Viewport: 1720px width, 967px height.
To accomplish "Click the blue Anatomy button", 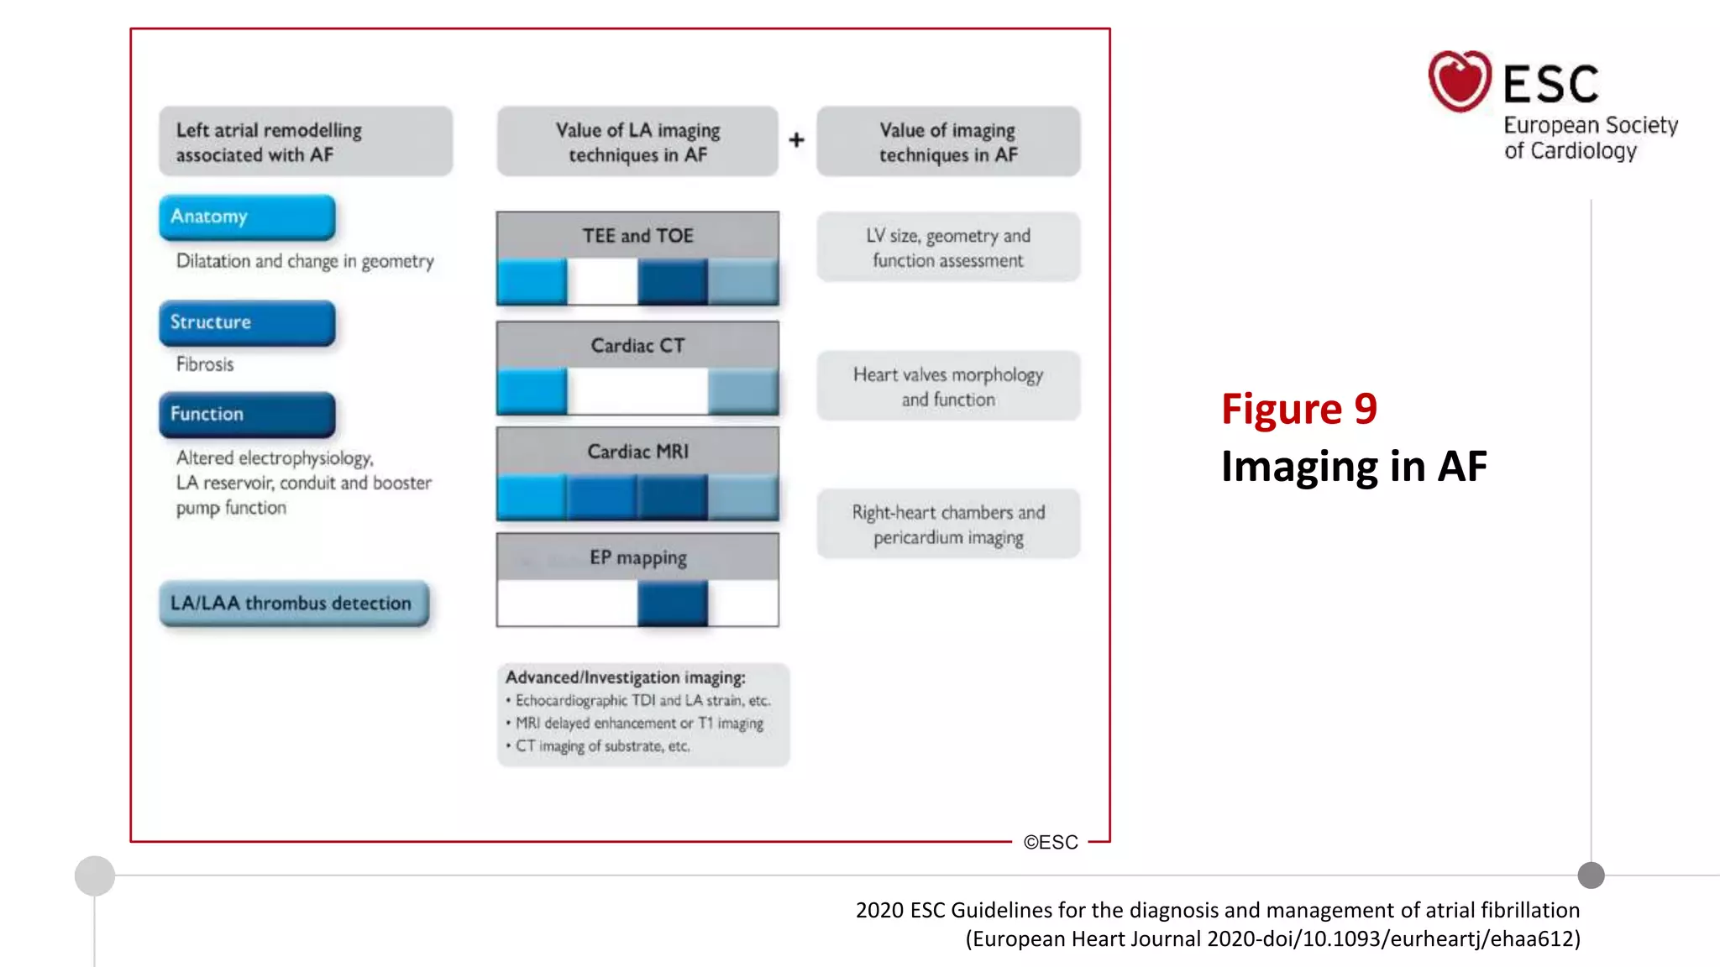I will pos(247,217).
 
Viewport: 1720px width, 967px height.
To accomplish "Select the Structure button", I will pos(247,322).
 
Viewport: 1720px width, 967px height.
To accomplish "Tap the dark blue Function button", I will pos(247,414).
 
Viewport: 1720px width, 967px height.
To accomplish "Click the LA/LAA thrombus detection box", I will pos(293,603).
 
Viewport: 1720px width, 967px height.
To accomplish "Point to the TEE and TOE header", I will pos(637,236).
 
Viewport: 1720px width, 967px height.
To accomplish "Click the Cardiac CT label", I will pos(637,345).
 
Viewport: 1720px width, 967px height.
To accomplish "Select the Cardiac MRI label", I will pos(637,452).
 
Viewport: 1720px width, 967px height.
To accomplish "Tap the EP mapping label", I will pos(637,557).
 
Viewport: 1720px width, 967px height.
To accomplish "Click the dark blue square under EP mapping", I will pos(672,604).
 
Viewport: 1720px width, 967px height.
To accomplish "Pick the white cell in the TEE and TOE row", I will pos(602,281).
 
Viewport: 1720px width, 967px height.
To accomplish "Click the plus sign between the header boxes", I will pos(796,140).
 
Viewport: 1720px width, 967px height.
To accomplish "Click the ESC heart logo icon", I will pos(1460,81).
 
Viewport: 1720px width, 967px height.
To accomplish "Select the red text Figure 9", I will pos(1298,409).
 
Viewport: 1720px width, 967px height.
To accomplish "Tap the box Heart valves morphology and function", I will pos(948,386).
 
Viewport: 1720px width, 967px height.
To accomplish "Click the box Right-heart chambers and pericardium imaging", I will pos(948,524).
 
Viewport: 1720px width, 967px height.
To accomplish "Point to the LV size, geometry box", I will pos(948,248).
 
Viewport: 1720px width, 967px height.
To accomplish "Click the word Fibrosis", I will pos(205,364).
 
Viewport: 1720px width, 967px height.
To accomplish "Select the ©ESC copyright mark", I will pos(1050,842).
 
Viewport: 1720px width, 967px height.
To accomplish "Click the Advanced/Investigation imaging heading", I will pos(625,677).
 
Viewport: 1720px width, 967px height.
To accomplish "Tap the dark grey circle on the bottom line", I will pos(1591,876).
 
